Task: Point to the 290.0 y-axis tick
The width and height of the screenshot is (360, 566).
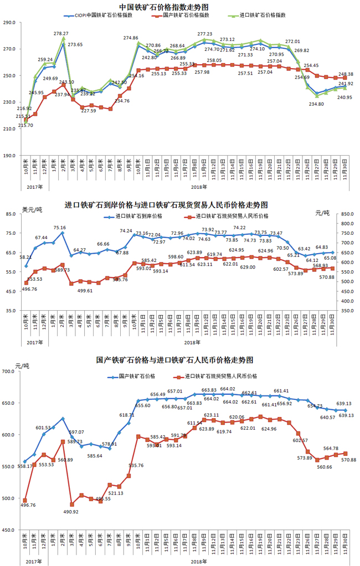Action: click(9, 23)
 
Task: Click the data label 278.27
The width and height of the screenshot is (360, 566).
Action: click(61, 34)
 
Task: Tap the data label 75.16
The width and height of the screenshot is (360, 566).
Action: click(60, 228)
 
